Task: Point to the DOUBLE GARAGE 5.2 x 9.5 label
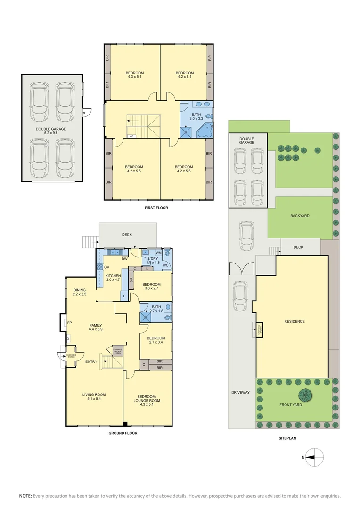tap(51, 131)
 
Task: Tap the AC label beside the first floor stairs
tap(131, 136)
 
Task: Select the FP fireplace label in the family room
tap(69, 323)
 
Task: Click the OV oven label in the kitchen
tap(107, 267)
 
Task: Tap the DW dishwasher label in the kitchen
tap(124, 259)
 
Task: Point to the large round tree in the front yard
tap(306, 395)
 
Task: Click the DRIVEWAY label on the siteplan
tap(240, 392)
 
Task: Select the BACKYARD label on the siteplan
tap(300, 216)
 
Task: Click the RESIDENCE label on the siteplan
tap(295, 321)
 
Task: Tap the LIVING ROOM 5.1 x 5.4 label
tap(94, 397)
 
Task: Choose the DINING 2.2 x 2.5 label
tap(80, 292)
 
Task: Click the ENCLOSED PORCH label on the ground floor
tap(71, 356)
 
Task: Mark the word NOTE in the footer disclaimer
tap(25, 496)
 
